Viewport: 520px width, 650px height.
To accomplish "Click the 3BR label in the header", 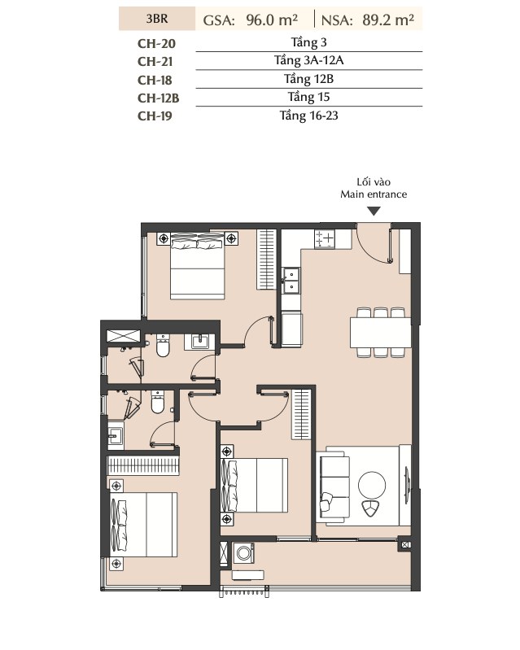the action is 157,19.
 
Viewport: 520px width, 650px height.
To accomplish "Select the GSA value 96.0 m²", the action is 272,20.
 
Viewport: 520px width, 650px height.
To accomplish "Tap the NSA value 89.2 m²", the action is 388,20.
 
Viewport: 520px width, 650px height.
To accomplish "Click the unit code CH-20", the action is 156,44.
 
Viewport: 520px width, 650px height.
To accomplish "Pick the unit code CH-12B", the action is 158,98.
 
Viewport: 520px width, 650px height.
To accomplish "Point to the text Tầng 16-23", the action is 308,116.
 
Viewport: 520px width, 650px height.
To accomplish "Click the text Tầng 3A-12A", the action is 308,60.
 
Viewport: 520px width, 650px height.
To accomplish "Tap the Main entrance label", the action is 374,194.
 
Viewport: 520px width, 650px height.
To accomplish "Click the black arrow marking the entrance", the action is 374,212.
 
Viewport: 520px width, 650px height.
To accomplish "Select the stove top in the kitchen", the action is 325,239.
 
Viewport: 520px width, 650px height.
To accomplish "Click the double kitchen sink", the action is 291,281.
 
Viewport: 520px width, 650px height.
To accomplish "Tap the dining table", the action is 380,332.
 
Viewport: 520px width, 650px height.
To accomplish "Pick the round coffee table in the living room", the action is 372,485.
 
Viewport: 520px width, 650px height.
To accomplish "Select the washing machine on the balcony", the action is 243,553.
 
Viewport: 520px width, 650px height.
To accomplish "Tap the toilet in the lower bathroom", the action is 158,402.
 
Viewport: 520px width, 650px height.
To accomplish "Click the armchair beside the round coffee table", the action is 370,508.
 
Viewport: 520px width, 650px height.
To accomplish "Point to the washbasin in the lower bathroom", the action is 116,436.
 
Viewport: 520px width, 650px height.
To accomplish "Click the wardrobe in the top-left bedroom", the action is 266,259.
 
